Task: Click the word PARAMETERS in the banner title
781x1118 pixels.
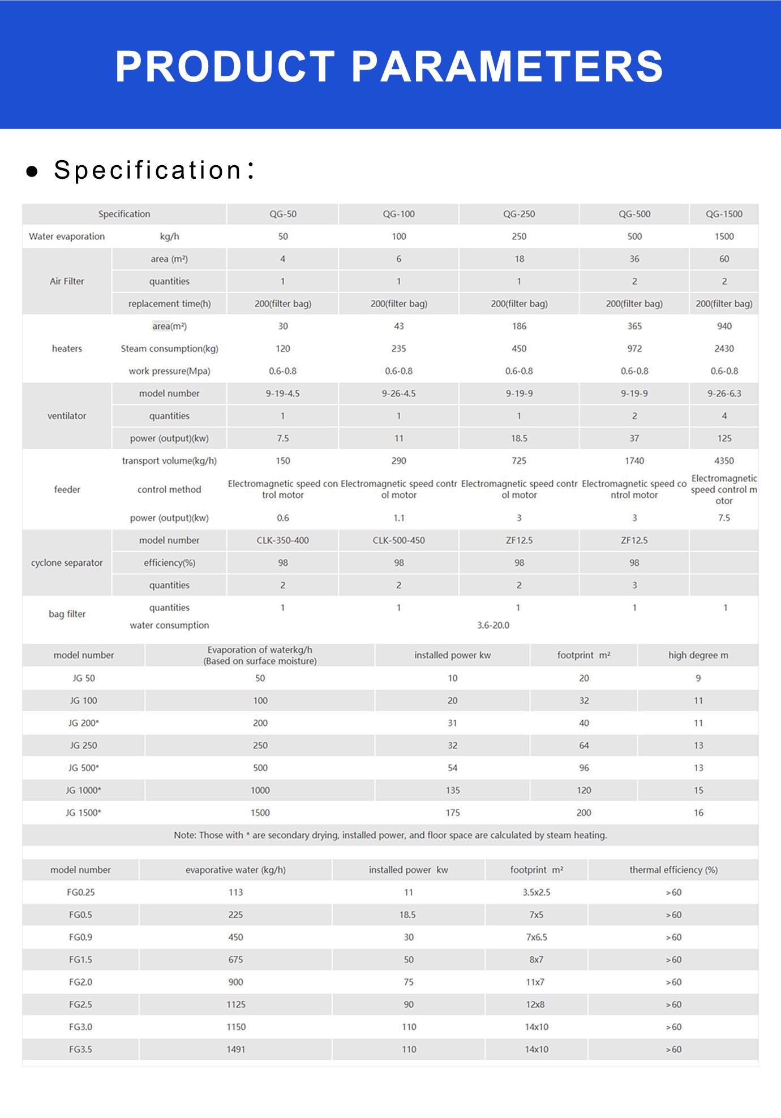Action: [x=507, y=66]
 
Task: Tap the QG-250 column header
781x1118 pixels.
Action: [x=519, y=214]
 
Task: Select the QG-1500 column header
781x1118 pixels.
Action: [x=724, y=214]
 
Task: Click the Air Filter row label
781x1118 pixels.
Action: [x=67, y=281]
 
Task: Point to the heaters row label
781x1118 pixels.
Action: [x=67, y=349]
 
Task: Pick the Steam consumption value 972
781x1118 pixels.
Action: [x=634, y=349]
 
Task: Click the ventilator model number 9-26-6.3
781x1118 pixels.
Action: [x=724, y=393]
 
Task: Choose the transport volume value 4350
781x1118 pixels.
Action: [x=724, y=461]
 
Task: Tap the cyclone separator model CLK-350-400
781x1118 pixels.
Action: [x=282, y=540]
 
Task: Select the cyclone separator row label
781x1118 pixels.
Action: [x=67, y=563]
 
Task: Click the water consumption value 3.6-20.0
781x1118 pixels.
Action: [x=493, y=625]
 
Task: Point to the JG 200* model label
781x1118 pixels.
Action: [x=84, y=723]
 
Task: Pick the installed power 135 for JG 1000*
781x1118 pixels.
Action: [x=453, y=790]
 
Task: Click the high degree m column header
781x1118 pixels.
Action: [x=698, y=655]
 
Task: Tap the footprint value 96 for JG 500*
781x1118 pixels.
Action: [x=584, y=768]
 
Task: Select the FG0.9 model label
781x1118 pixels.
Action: [x=80, y=938]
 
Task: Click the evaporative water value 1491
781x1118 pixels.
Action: [x=236, y=1050]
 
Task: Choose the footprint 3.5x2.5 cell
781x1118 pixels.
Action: [x=537, y=892]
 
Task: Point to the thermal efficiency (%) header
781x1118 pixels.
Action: [x=673, y=870]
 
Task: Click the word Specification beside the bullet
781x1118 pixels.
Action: [x=148, y=170]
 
